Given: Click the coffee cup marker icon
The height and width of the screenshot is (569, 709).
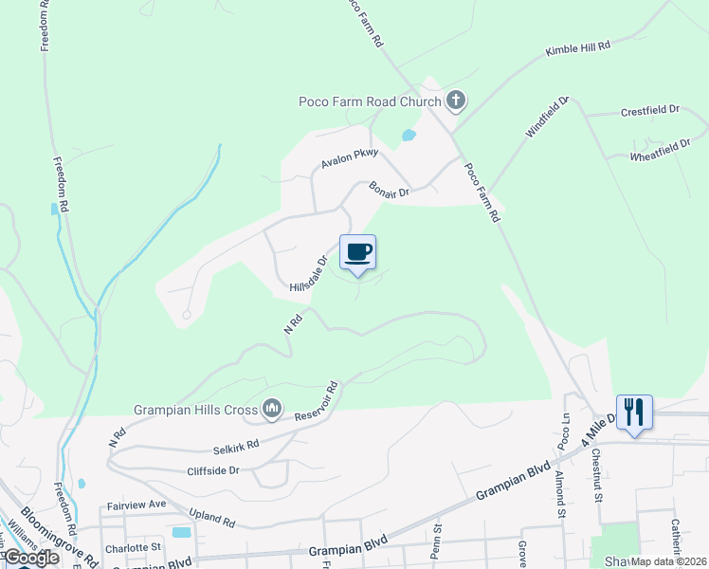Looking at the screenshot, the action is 358,252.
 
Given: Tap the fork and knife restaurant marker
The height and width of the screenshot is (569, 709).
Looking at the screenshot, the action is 634,412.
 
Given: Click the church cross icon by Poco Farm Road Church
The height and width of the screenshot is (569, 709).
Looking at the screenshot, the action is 456,101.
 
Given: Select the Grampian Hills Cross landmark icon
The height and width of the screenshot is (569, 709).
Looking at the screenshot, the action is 273,409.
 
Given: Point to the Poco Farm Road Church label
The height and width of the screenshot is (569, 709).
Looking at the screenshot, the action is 370,102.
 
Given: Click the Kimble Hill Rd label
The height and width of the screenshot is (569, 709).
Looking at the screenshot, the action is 578,47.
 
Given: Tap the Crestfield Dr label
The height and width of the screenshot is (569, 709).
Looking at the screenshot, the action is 651,111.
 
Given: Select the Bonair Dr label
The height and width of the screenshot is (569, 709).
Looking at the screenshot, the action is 389,190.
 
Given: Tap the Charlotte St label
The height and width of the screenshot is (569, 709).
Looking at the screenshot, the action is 134,547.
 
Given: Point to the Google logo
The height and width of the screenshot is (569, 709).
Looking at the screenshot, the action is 31,558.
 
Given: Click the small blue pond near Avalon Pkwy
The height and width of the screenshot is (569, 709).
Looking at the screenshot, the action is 409,135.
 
